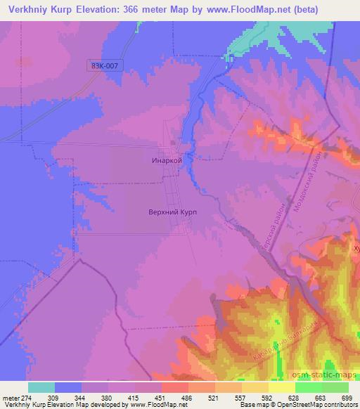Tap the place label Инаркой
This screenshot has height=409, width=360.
(167, 160)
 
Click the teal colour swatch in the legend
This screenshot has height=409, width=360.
(41, 387)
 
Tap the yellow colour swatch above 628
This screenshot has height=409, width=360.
(282, 387)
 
